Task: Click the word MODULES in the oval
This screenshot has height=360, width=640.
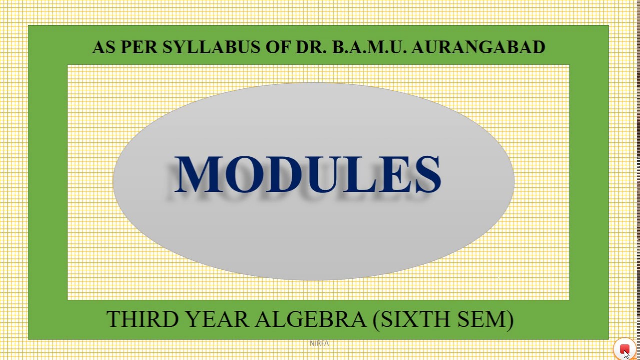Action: point(307,174)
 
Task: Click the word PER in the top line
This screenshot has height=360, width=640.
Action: point(139,47)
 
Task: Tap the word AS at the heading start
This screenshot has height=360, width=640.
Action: point(104,47)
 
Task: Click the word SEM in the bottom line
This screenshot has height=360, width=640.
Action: point(483,319)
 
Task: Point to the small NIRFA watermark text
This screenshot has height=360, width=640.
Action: point(319,343)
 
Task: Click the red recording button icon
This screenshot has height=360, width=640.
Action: point(624,349)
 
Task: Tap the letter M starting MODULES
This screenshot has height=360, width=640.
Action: point(198,174)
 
